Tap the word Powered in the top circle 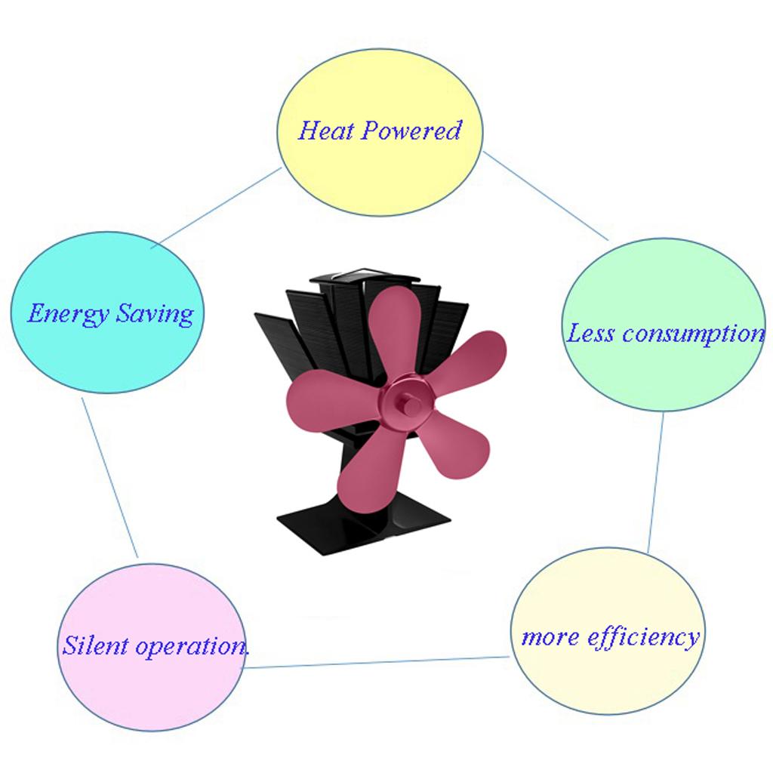(x=411, y=131)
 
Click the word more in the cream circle (x=550, y=637)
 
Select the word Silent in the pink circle (x=91, y=646)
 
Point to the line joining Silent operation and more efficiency (x=377, y=662)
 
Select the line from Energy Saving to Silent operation (x=110, y=478)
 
